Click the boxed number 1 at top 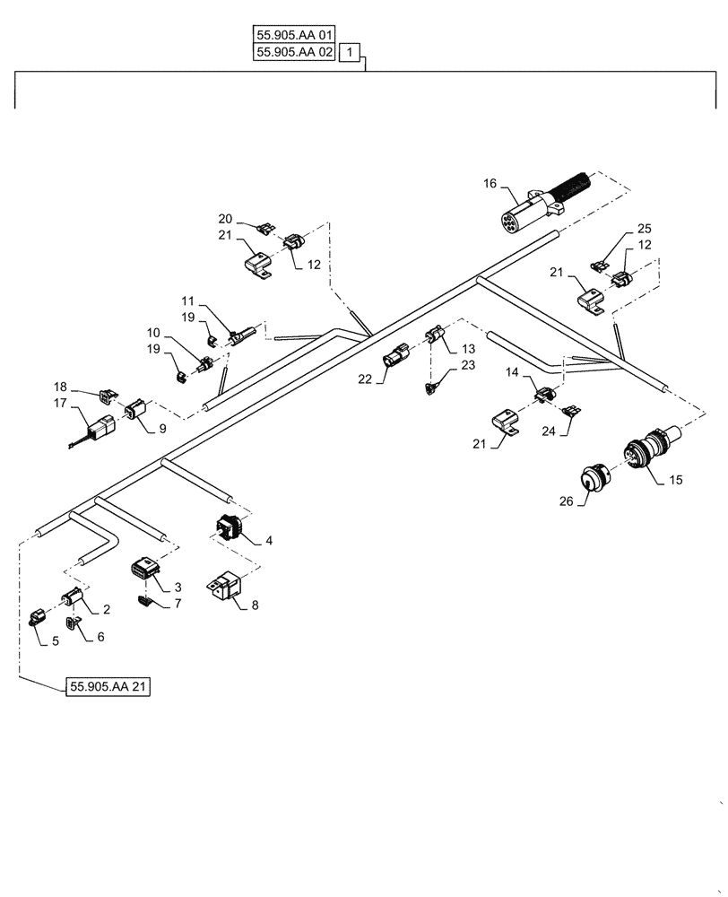click(x=351, y=53)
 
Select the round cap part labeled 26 click(x=591, y=482)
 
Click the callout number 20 click(x=225, y=218)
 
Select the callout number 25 click(x=644, y=230)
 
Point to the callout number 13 click(x=467, y=348)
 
